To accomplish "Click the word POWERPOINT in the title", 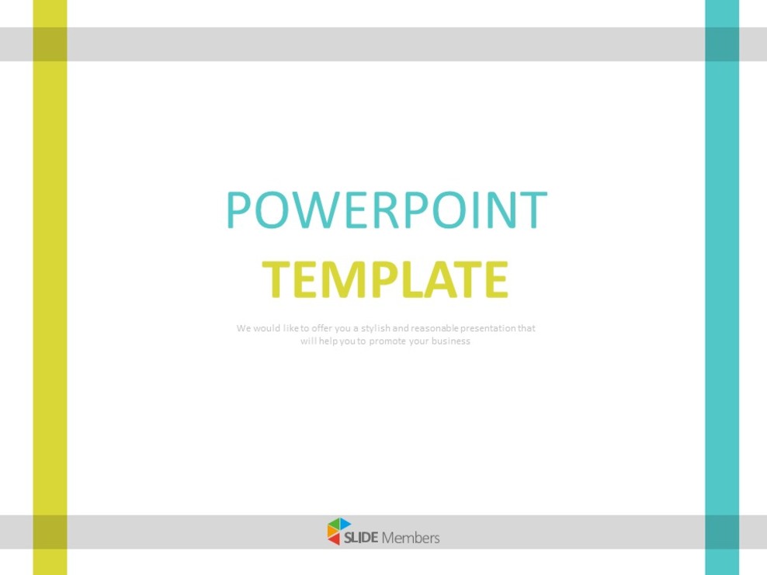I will pyautogui.click(x=386, y=210).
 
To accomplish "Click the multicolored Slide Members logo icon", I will pyautogui.click(x=334, y=532).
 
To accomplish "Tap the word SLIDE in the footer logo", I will pyautogui.click(x=361, y=538).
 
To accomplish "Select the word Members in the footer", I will pyautogui.click(x=411, y=538).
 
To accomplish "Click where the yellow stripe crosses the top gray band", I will pyautogui.click(x=50, y=44).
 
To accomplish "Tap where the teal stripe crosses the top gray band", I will pyautogui.click(x=722, y=44).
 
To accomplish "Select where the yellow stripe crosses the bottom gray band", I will pyautogui.click(x=50, y=532).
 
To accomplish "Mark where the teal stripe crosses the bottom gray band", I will pyautogui.click(x=722, y=532).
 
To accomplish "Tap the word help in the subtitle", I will pyautogui.click(x=328, y=341).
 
